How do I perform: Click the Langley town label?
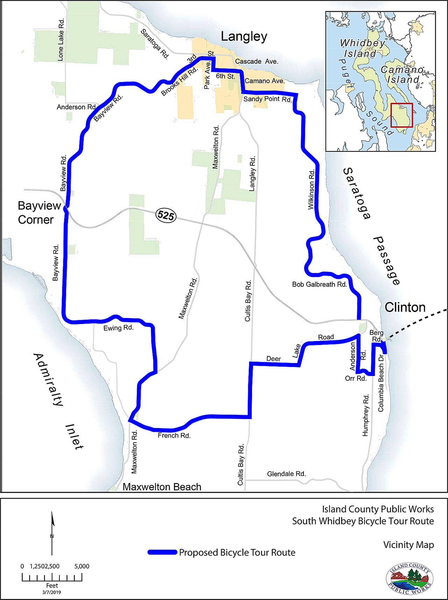pyautogui.click(x=244, y=37)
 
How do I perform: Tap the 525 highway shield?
pyautogui.click(x=166, y=215)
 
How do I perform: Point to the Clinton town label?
pyautogui.click(x=405, y=308)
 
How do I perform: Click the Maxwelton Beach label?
pyautogui.click(x=162, y=487)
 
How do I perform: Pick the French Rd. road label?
pyautogui.click(x=174, y=435)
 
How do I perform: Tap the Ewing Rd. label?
pyautogui.click(x=118, y=328)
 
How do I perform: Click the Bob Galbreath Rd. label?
pyautogui.click(x=319, y=284)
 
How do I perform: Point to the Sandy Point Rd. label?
pyautogui.click(x=267, y=99)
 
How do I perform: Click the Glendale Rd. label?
pyautogui.click(x=286, y=474)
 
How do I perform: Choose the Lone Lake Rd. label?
pyautogui.click(x=61, y=40)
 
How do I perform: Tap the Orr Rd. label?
pyautogui.click(x=356, y=378)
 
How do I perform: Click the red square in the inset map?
pyautogui.click(x=402, y=115)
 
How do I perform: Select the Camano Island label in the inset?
pyautogui.click(x=402, y=74)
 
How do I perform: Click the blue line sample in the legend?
pyautogui.click(x=162, y=552)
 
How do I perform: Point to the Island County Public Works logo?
pyautogui.click(x=409, y=578)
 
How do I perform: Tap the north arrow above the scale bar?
pyautogui.click(x=52, y=533)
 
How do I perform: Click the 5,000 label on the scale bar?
pyautogui.click(x=82, y=566)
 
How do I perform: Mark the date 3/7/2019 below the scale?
pyautogui.click(x=52, y=592)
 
